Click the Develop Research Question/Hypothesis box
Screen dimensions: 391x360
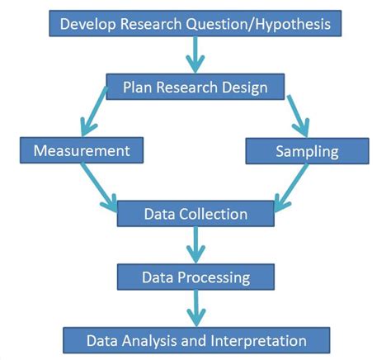[x=195, y=23]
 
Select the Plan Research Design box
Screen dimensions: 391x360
[x=195, y=87]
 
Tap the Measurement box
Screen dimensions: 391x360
[x=82, y=150]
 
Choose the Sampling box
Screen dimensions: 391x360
[x=307, y=151]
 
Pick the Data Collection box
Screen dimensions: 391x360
[x=195, y=214]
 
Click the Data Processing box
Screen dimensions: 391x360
[x=195, y=277]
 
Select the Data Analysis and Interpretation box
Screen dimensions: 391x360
[x=196, y=340]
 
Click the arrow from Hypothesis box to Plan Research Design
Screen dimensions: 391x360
[x=195, y=54]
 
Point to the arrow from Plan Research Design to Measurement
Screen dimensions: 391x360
[x=93, y=111]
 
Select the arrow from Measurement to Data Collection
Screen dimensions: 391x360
[x=99, y=187]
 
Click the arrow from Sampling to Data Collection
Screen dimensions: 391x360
[x=291, y=188]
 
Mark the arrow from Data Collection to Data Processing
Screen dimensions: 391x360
[x=195, y=245]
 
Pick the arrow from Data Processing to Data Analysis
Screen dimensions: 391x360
[x=196, y=308]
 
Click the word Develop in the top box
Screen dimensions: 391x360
[x=88, y=24]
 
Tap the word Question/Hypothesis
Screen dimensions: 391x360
[x=258, y=24]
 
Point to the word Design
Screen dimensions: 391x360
[x=245, y=88]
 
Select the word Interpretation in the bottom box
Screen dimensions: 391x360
[x=258, y=341]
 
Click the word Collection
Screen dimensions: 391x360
[x=214, y=214]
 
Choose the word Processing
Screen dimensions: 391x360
[x=214, y=278]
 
